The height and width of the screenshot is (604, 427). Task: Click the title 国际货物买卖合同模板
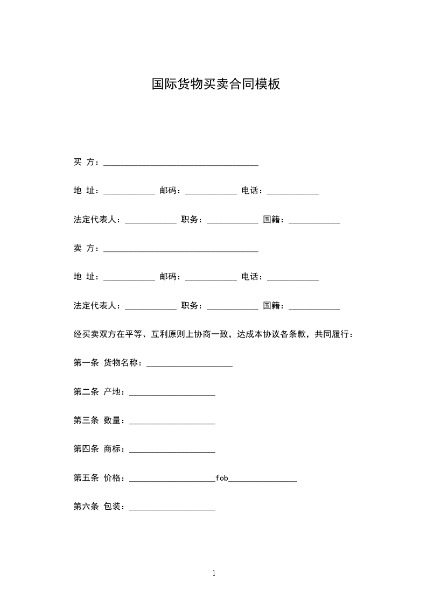pos(215,85)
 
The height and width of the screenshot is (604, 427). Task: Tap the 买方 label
pos(85,162)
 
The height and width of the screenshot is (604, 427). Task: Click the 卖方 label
pos(85,248)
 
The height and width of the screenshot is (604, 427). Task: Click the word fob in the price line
pos(222,477)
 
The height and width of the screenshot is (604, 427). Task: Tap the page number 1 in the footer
pos(214,573)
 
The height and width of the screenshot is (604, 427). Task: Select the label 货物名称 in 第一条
pos(122,363)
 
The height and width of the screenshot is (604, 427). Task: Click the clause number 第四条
pos(86,449)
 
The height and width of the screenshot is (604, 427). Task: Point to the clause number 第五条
pos(86,478)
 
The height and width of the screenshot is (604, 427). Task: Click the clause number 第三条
pos(86,420)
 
